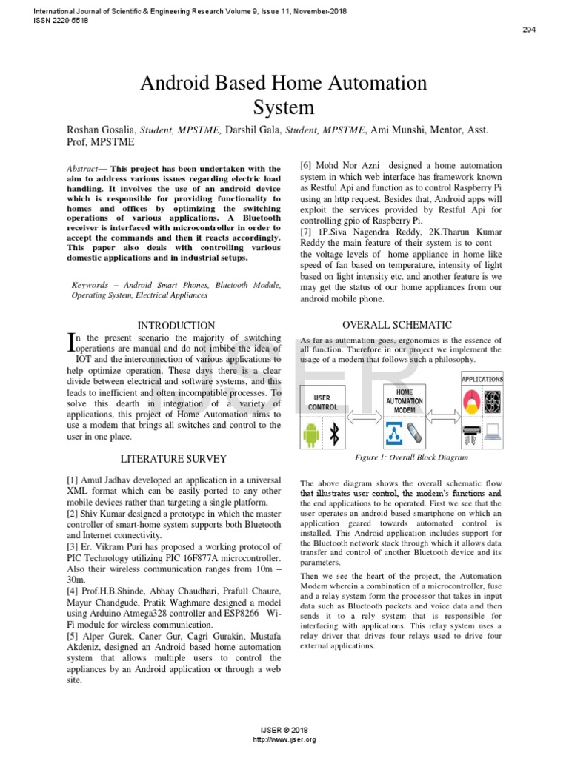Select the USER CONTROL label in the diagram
(x=322, y=403)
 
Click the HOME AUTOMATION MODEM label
(x=405, y=400)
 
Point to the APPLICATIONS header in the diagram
(x=482, y=380)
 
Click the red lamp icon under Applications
(x=470, y=402)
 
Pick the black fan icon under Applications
(x=493, y=402)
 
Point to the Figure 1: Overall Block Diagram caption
(x=402, y=457)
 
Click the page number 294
(x=529, y=30)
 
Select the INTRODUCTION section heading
(x=177, y=325)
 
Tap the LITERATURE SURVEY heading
(x=173, y=459)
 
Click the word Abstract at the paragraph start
(x=81, y=169)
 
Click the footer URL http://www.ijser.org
(x=284, y=739)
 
